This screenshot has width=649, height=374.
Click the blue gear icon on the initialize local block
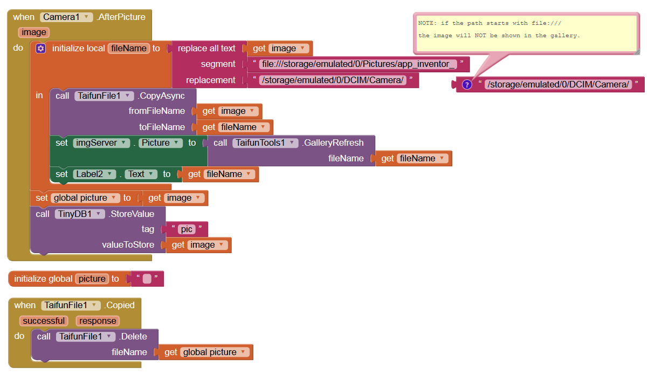click(x=40, y=49)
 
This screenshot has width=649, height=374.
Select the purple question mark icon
click(x=467, y=84)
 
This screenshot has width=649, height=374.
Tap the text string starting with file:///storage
click(x=358, y=64)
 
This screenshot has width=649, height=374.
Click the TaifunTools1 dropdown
click(x=265, y=143)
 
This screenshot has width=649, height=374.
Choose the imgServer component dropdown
click(x=102, y=143)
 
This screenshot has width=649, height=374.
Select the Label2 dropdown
click(x=95, y=174)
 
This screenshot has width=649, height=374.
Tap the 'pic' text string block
click(x=187, y=229)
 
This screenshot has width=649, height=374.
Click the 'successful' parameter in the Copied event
click(x=44, y=321)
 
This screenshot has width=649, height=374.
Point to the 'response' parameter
click(x=98, y=321)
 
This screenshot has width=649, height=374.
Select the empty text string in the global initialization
click(x=147, y=279)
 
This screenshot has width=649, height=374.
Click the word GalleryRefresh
click(x=333, y=143)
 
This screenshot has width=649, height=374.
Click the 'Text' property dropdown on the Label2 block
click(x=142, y=174)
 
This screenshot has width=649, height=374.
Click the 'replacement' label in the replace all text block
click(x=211, y=80)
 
